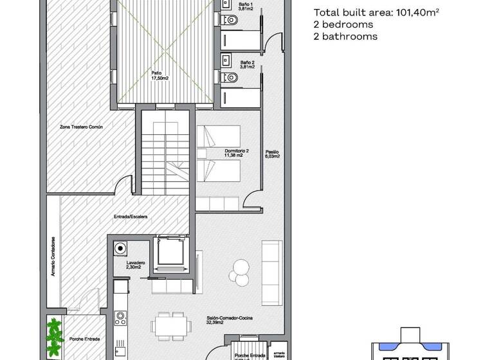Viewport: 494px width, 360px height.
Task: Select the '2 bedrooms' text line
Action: (343, 24)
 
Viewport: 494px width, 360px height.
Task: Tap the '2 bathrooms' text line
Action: (345, 37)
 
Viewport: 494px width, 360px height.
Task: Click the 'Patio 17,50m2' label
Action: (160, 76)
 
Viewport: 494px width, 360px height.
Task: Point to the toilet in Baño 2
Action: (233, 78)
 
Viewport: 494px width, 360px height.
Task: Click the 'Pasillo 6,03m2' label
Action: (271, 154)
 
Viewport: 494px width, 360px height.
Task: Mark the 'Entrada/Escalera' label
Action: (131, 217)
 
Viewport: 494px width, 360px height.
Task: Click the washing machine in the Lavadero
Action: (120, 249)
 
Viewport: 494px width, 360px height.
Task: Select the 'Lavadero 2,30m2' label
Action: (136, 265)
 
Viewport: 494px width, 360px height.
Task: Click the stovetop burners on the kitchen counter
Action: (120, 316)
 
